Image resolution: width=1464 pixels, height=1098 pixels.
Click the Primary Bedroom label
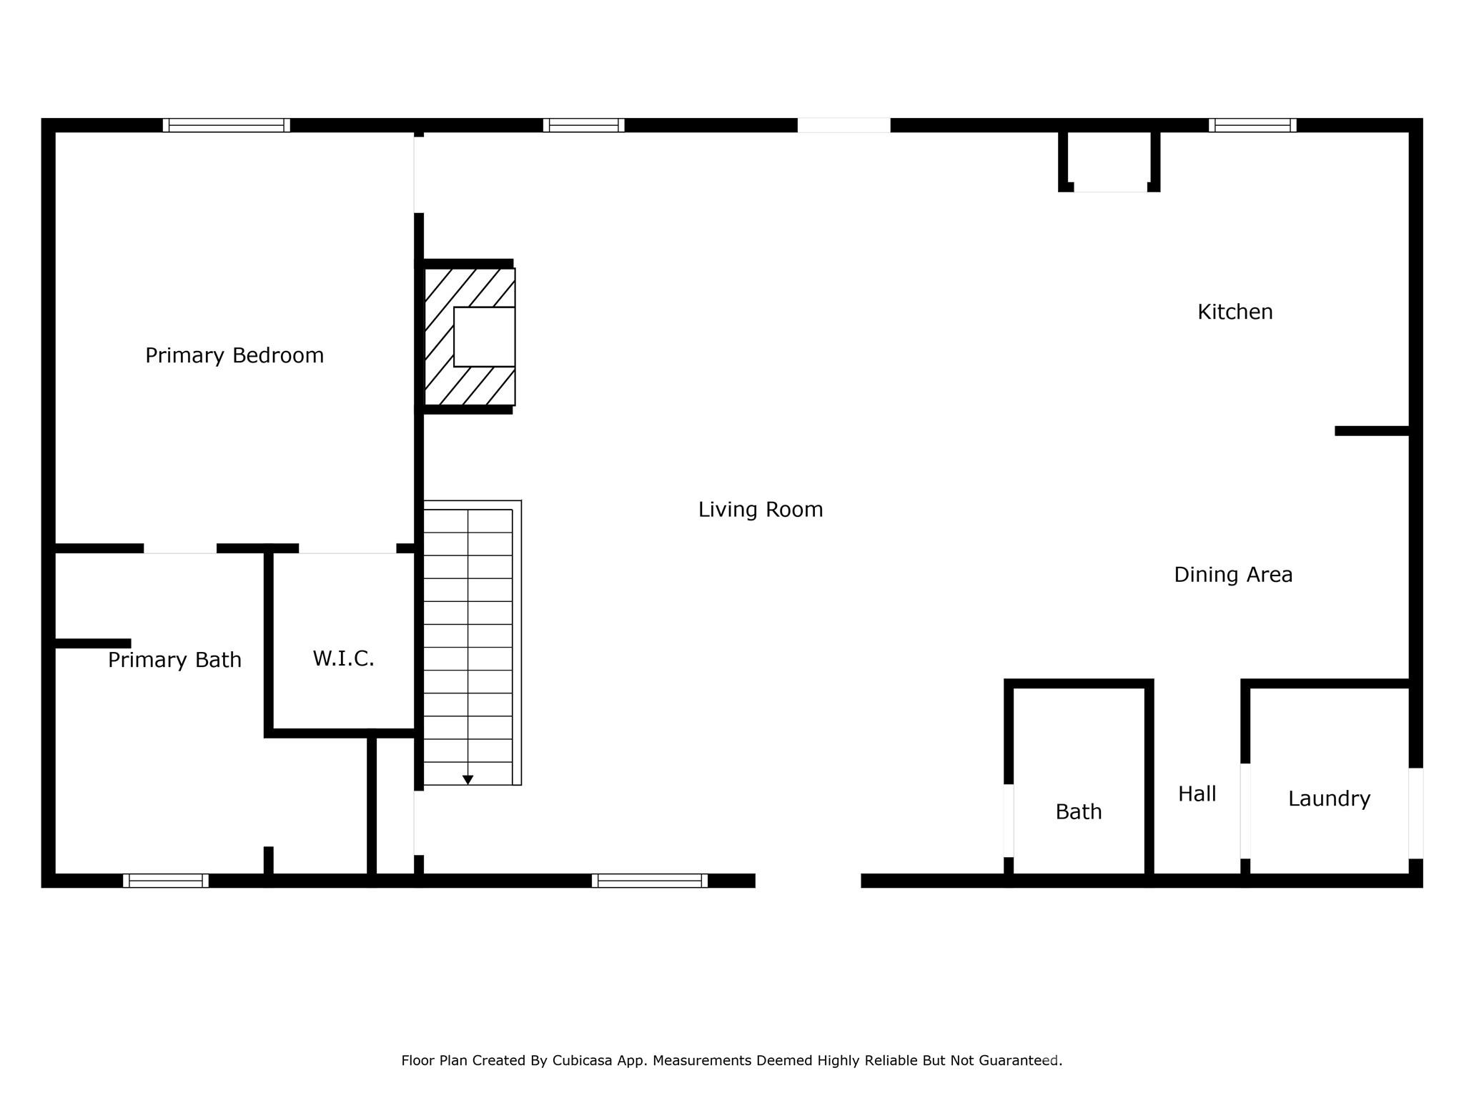click(234, 355)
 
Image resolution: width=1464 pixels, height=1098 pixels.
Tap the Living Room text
click(760, 510)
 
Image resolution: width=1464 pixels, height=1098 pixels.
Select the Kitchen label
click(1235, 312)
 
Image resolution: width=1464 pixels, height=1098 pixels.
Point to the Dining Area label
click(1232, 575)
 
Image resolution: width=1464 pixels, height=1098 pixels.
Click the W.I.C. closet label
click(343, 658)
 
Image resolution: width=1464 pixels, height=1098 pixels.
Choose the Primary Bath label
click(174, 660)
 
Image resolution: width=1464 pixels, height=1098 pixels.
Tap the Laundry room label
click(1328, 798)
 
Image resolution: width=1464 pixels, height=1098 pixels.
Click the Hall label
click(1197, 794)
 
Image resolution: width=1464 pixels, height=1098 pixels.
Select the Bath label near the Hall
click(1078, 812)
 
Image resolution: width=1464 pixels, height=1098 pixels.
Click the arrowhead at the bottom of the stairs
click(468, 780)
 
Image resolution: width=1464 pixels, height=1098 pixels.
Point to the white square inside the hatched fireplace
click(484, 337)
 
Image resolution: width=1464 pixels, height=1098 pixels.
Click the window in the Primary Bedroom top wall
click(226, 125)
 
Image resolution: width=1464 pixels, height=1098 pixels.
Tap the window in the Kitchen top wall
click(1252, 125)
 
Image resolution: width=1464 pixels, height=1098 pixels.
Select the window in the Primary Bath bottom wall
click(165, 881)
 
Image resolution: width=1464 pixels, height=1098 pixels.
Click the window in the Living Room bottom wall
click(649, 881)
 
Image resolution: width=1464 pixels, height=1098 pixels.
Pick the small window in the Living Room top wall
click(583, 125)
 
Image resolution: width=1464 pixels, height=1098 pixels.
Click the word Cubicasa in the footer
click(582, 1061)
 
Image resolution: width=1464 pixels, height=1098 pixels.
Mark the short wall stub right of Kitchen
click(1371, 430)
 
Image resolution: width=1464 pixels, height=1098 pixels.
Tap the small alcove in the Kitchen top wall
click(1109, 161)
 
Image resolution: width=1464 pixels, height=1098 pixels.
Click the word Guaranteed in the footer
click(1018, 1061)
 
